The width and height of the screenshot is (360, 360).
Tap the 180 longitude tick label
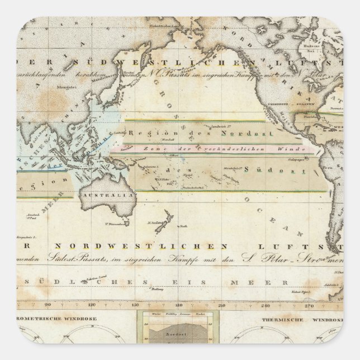[x=179, y=305]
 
